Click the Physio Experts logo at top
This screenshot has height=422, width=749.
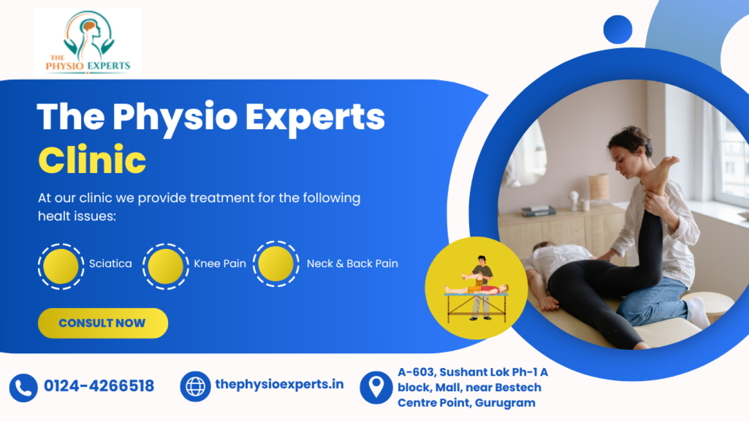tap(87, 42)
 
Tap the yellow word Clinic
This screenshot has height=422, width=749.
tap(92, 160)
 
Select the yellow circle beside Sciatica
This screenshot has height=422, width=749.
tap(61, 266)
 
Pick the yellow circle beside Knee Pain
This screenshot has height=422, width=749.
tap(165, 266)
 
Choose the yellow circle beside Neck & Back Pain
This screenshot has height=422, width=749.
tap(276, 263)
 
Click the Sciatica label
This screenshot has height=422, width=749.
tap(110, 263)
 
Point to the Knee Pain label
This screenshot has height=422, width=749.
tap(220, 263)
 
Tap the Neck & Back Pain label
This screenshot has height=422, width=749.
tap(353, 263)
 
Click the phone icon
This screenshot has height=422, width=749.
tap(23, 388)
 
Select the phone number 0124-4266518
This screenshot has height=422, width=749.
tap(99, 386)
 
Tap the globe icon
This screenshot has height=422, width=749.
tap(195, 386)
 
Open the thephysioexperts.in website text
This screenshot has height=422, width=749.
tap(279, 384)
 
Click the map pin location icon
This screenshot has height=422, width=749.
tap(376, 387)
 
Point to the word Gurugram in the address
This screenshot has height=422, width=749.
tap(505, 403)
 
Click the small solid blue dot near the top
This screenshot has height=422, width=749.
tap(617, 30)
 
